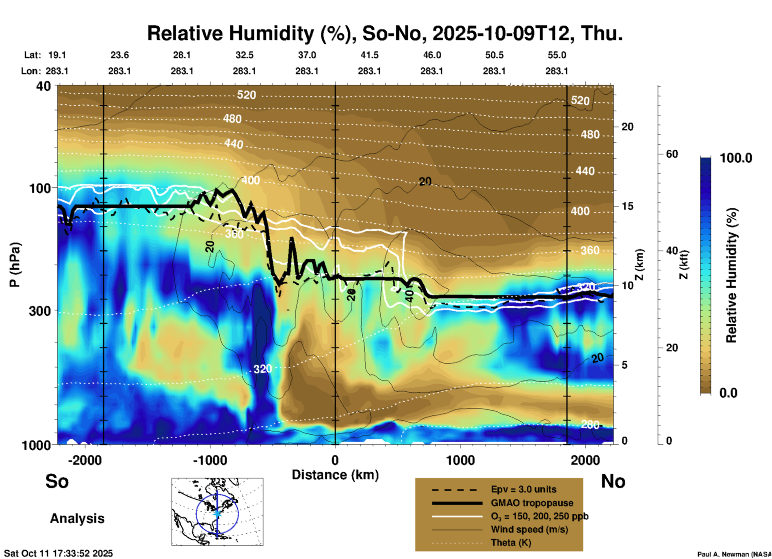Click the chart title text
tap(385, 33)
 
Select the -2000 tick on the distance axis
tap(85, 460)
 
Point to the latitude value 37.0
tap(307, 55)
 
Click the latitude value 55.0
tap(557, 55)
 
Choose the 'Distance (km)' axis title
tap(335, 475)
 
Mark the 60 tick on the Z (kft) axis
tap(672, 154)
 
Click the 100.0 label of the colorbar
tap(736, 158)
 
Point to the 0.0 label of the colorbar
tap(728, 393)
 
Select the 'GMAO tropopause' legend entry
tap(532, 503)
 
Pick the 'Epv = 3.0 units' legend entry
tap(523, 490)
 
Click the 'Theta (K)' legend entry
tap(511, 543)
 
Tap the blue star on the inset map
tap(217, 513)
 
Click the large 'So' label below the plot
tap(57, 481)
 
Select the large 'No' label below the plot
tap(613, 481)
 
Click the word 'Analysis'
tap(77, 518)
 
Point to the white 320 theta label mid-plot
tap(263, 369)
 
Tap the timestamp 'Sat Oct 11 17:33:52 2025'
tap(59, 553)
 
